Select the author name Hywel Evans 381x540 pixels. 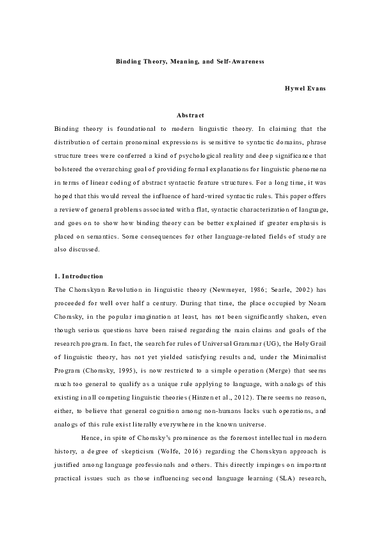[x=305, y=88]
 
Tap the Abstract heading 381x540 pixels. [x=190, y=115]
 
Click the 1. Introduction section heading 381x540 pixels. [x=79, y=276]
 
